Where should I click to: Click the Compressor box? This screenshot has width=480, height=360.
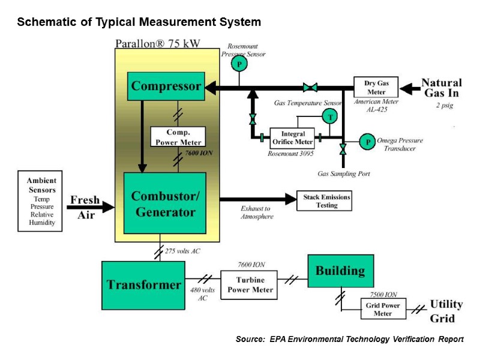166,86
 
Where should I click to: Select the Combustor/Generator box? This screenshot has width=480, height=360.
165,203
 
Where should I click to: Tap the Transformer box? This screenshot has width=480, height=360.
143,284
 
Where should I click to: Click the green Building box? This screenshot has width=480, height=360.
340,271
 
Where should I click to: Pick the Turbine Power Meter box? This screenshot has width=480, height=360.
250,285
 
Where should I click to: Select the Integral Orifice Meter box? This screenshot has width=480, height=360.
292,139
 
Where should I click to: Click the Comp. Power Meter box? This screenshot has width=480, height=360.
178,137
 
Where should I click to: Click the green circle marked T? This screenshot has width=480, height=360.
329,118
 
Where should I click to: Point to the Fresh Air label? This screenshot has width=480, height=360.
85,208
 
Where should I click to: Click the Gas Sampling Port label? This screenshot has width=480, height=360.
344,174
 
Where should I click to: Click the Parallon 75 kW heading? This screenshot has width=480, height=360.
157,43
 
